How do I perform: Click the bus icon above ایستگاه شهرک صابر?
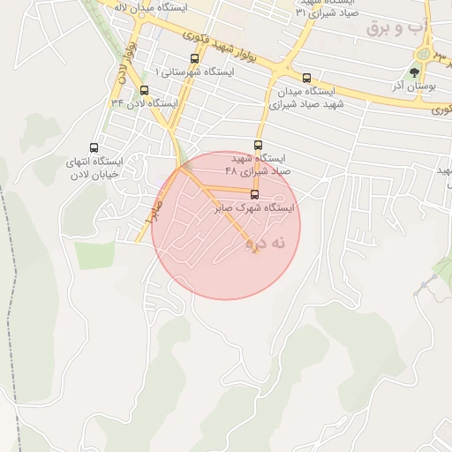coord(255,194)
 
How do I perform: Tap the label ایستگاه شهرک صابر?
coord(254,208)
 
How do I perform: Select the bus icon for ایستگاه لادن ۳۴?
coord(144,90)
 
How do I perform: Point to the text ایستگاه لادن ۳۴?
coord(144,103)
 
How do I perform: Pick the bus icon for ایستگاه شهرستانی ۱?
coord(194,58)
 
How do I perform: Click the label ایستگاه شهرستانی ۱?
coord(194,71)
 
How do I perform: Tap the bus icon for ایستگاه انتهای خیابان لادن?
coord(94,147)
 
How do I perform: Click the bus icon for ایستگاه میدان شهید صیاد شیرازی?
coord(306,78)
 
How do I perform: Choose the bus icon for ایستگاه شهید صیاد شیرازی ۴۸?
coord(258,145)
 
